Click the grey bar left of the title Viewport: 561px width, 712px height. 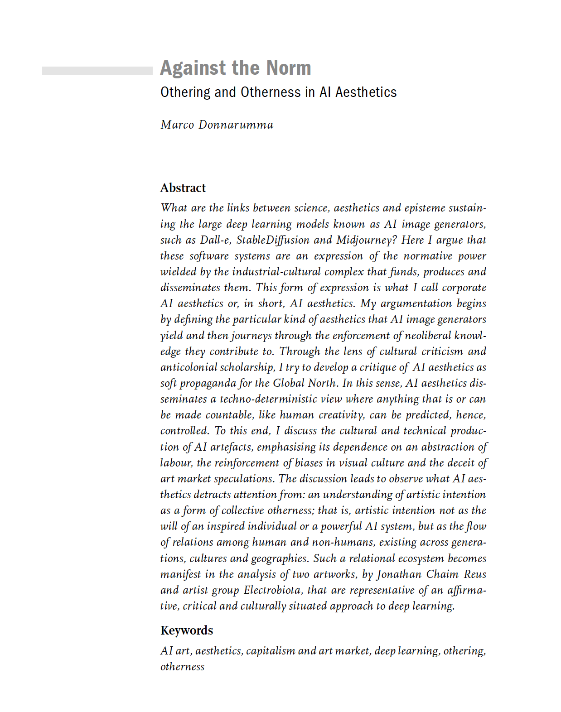tap(97, 71)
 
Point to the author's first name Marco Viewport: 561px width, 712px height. tap(177, 125)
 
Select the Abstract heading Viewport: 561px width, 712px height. tap(183, 188)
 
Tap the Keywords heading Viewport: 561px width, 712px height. tap(187, 630)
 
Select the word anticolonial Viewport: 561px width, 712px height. tap(188, 367)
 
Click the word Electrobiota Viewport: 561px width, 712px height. tap(272, 590)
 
